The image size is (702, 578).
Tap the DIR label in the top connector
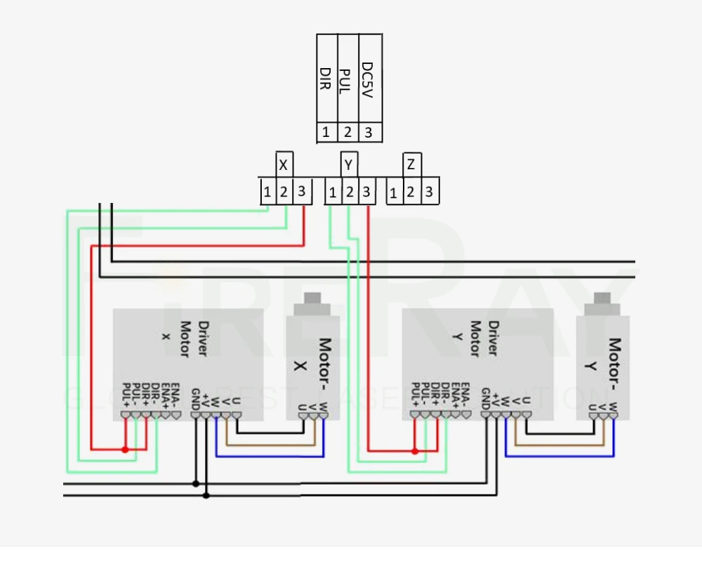[x=326, y=81]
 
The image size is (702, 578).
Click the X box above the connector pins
[x=283, y=166]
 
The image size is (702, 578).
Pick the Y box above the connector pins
[x=349, y=166]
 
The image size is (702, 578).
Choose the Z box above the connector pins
[x=411, y=166]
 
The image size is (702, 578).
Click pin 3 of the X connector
[x=301, y=191]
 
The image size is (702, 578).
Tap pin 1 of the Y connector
[x=333, y=192]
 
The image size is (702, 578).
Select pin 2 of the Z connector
[x=412, y=192]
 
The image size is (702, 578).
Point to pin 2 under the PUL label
[x=347, y=132]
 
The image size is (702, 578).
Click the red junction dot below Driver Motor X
[x=126, y=449]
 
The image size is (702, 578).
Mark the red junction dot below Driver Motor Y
[x=415, y=451]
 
